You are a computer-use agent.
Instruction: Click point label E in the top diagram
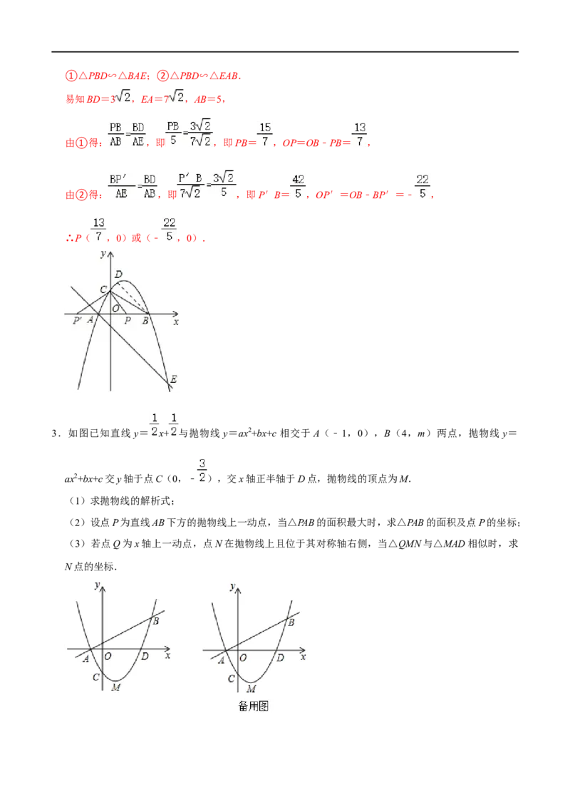coord(173,379)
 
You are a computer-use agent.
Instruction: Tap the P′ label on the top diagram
coord(77,321)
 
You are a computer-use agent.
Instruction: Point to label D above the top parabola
coord(118,274)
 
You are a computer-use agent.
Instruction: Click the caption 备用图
coord(254,706)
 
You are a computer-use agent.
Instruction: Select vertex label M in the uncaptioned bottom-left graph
coord(115,687)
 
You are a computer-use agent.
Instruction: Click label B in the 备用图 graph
coord(291,622)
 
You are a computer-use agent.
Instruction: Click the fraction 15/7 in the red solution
coord(265,134)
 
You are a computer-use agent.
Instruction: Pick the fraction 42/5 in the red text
coord(298,186)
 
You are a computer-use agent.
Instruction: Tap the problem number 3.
coord(55,433)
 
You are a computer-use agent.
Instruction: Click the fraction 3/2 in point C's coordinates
coord(202,471)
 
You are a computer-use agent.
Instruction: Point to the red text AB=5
coord(208,99)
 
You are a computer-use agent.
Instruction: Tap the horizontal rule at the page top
coord(285,52)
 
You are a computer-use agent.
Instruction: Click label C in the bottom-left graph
coord(95,677)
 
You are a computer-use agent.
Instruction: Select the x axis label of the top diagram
coord(176,322)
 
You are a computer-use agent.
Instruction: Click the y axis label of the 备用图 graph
coord(232,586)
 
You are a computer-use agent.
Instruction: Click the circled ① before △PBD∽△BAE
coord(71,76)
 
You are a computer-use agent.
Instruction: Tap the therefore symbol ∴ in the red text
coord(69,238)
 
